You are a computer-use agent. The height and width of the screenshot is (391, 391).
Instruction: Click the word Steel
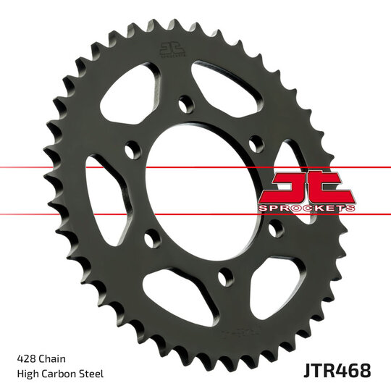click(x=93, y=374)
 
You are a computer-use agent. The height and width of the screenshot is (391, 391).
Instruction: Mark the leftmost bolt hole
click(x=130, y=151)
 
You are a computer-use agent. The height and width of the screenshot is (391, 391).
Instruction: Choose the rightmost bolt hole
click(x=274, y=230)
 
